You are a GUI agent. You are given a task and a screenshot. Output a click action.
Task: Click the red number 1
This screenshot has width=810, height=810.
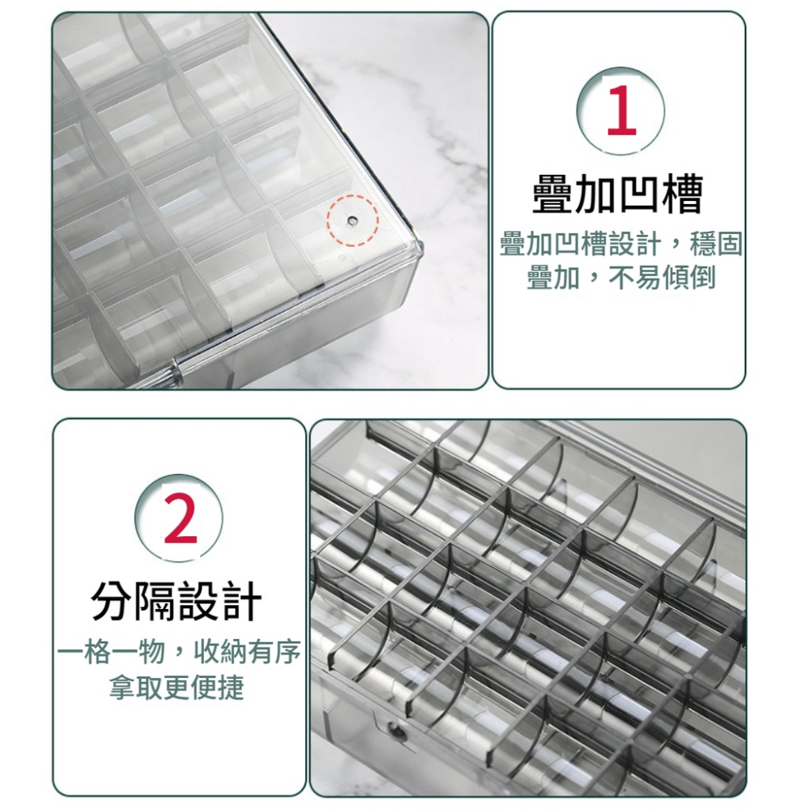pos(620,111)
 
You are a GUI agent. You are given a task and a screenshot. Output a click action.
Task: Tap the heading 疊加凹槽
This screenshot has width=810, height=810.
pos(617,194)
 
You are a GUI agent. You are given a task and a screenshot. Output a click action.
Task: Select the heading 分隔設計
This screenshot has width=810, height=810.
pos(177,601)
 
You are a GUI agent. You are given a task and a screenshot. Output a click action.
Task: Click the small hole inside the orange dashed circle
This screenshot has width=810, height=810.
pos(352,220)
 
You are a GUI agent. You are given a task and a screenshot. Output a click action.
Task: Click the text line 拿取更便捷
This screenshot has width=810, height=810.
pos(177,688)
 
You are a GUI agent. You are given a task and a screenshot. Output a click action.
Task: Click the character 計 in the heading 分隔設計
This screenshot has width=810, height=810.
pos(241,601)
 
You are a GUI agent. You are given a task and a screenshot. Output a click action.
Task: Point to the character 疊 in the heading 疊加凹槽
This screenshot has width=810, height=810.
pos(553,194)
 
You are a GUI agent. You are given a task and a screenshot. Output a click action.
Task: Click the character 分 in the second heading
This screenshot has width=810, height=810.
pos(113,601)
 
